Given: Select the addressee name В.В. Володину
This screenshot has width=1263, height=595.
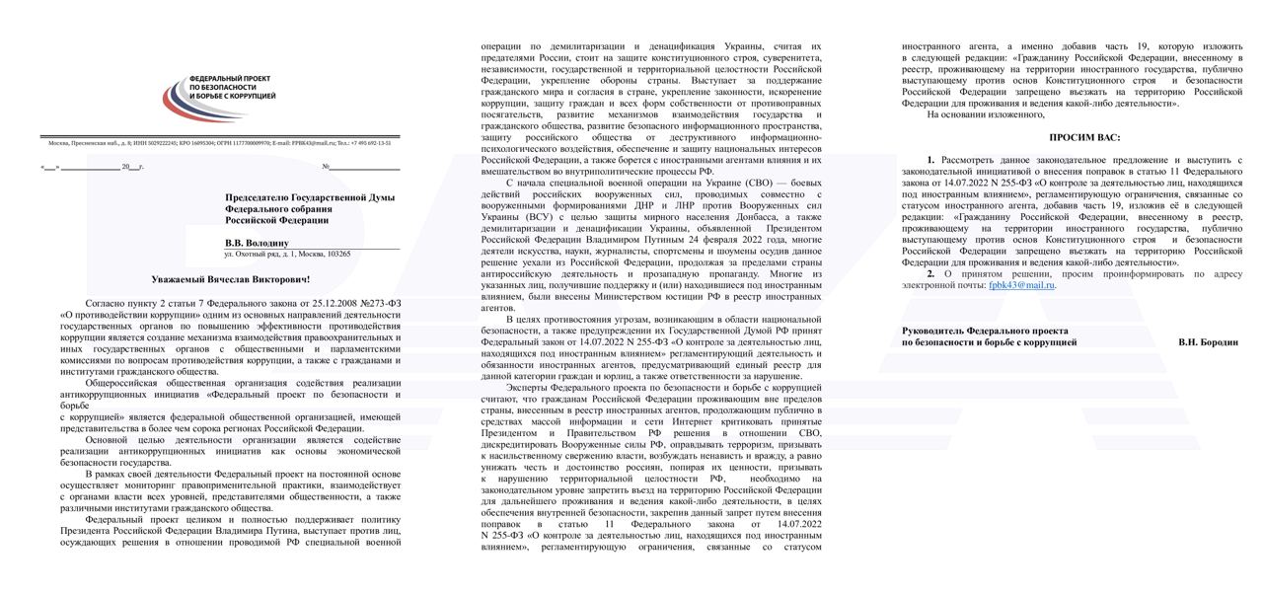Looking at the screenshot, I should pos(256,241).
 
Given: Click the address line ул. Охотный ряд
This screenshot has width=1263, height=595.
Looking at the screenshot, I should pos(286,254).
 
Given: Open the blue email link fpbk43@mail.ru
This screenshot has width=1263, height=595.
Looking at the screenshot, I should pos(1021,284).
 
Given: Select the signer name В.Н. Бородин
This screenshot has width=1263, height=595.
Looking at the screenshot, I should pos(1208,341).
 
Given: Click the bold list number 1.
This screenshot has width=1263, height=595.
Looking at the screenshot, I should pos(930,159).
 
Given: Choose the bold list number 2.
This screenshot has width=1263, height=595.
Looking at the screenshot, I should pos(930,273).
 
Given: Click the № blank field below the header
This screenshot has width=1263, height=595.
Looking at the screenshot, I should pos(360,167).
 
